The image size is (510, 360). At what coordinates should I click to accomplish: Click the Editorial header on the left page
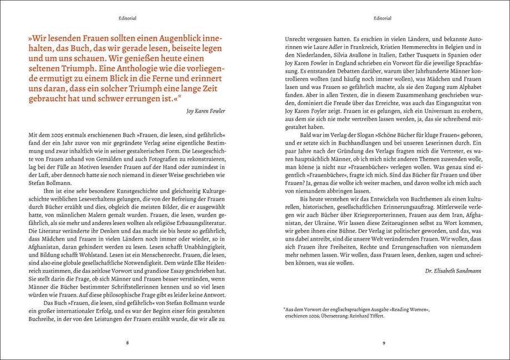(x=127, y=18)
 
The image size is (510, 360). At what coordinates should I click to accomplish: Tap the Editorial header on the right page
(x=382, y=18)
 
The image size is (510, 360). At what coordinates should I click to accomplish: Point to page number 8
(x=127, y=342)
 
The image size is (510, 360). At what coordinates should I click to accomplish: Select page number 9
(x=383, y=342)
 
